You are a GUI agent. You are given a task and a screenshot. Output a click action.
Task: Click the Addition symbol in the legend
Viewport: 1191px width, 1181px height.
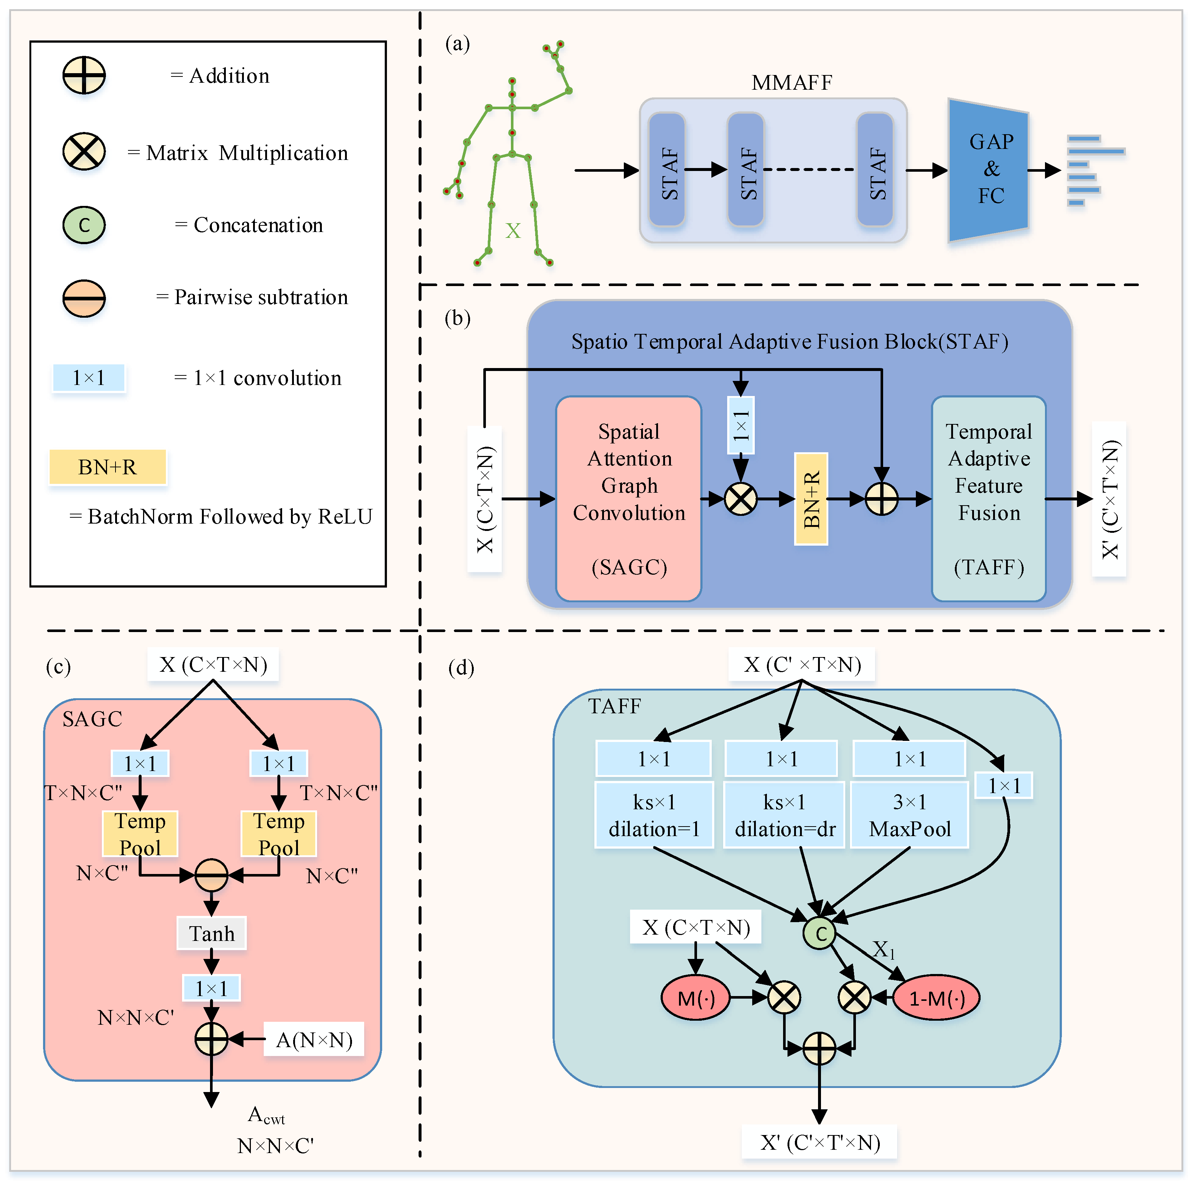pos(84,75)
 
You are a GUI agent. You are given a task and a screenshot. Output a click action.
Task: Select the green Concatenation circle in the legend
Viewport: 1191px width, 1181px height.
pos(84,225)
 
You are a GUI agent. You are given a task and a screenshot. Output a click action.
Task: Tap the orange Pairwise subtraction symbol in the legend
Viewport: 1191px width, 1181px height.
pos(84,298)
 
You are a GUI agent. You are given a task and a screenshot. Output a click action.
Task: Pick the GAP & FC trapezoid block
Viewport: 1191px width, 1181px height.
pos(988,170)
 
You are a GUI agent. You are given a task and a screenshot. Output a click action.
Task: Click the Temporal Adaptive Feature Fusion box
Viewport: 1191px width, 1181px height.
pos(988,498)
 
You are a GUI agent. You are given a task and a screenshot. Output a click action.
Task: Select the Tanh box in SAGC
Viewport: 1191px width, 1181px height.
pos(211,933)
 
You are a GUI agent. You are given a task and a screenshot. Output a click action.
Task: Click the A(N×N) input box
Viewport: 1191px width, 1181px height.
pos(314,1040)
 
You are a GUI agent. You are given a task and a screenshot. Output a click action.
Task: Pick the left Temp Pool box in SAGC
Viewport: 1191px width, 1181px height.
pos(140,834)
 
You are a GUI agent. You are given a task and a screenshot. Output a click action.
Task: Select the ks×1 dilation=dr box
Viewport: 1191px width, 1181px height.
pos(784,815)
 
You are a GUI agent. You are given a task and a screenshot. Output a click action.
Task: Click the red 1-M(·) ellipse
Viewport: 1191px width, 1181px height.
pos(936,997)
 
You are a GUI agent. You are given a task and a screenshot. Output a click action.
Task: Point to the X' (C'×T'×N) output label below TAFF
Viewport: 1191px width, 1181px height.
pos(819,1142)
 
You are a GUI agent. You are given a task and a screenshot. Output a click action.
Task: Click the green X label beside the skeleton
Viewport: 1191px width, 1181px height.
pos(513,231)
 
